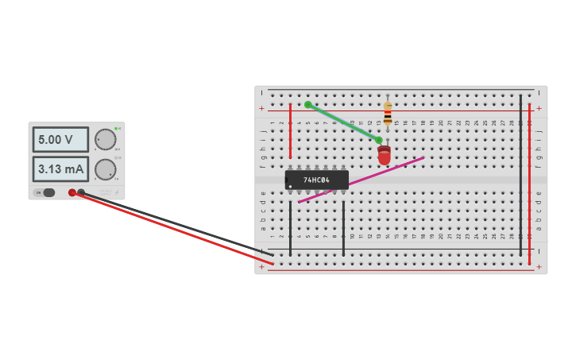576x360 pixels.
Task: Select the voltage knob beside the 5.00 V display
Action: click(x=105, y=140)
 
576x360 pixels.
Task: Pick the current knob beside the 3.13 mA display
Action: click(x=105, y=169)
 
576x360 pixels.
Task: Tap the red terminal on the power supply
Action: click(x=72, y=192)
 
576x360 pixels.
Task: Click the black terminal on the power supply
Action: click(x=81, y=192)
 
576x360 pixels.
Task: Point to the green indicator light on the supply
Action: click(x=117, y=128)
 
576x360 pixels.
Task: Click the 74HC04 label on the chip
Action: click(x=316, y=180)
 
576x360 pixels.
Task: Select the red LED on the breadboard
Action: click(x=385, y=155)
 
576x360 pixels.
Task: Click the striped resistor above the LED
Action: click(x=388, y=114)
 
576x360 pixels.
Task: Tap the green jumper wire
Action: click(x=343, y=122)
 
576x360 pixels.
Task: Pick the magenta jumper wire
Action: click(x=361, y=180)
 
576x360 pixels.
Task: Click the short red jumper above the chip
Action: click(x=290, y=131)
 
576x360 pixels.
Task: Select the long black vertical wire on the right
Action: click(x=520, y=175)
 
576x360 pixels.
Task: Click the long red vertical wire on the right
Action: click(x=529, y=183)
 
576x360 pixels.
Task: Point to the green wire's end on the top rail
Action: click(x=308, y=105)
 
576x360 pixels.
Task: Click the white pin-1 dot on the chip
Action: click(x=291, y=187)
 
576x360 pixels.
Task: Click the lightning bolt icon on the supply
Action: click(x=117, y=192)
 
